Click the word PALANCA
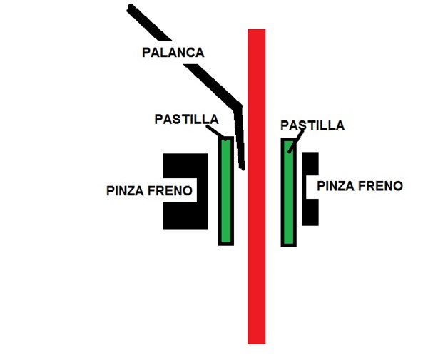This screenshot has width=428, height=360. tap(173, 53)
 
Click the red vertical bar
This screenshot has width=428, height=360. tap(256, 214)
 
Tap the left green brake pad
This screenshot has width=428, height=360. tap(225, 190)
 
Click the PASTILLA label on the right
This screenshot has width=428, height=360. tap(312, 126)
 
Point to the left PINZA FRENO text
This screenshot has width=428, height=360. tap(149, 191)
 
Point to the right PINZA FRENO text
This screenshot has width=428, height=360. tap(360, 186)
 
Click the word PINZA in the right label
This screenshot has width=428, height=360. tap(336, 186)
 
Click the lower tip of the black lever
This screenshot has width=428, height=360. tap(243, 168)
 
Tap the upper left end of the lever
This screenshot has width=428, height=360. tap(131, 9)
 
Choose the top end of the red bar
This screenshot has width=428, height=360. tap(256, 31)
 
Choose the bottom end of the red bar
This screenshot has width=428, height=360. tap(256, 341)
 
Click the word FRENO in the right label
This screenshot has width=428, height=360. tap(382, 186)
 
